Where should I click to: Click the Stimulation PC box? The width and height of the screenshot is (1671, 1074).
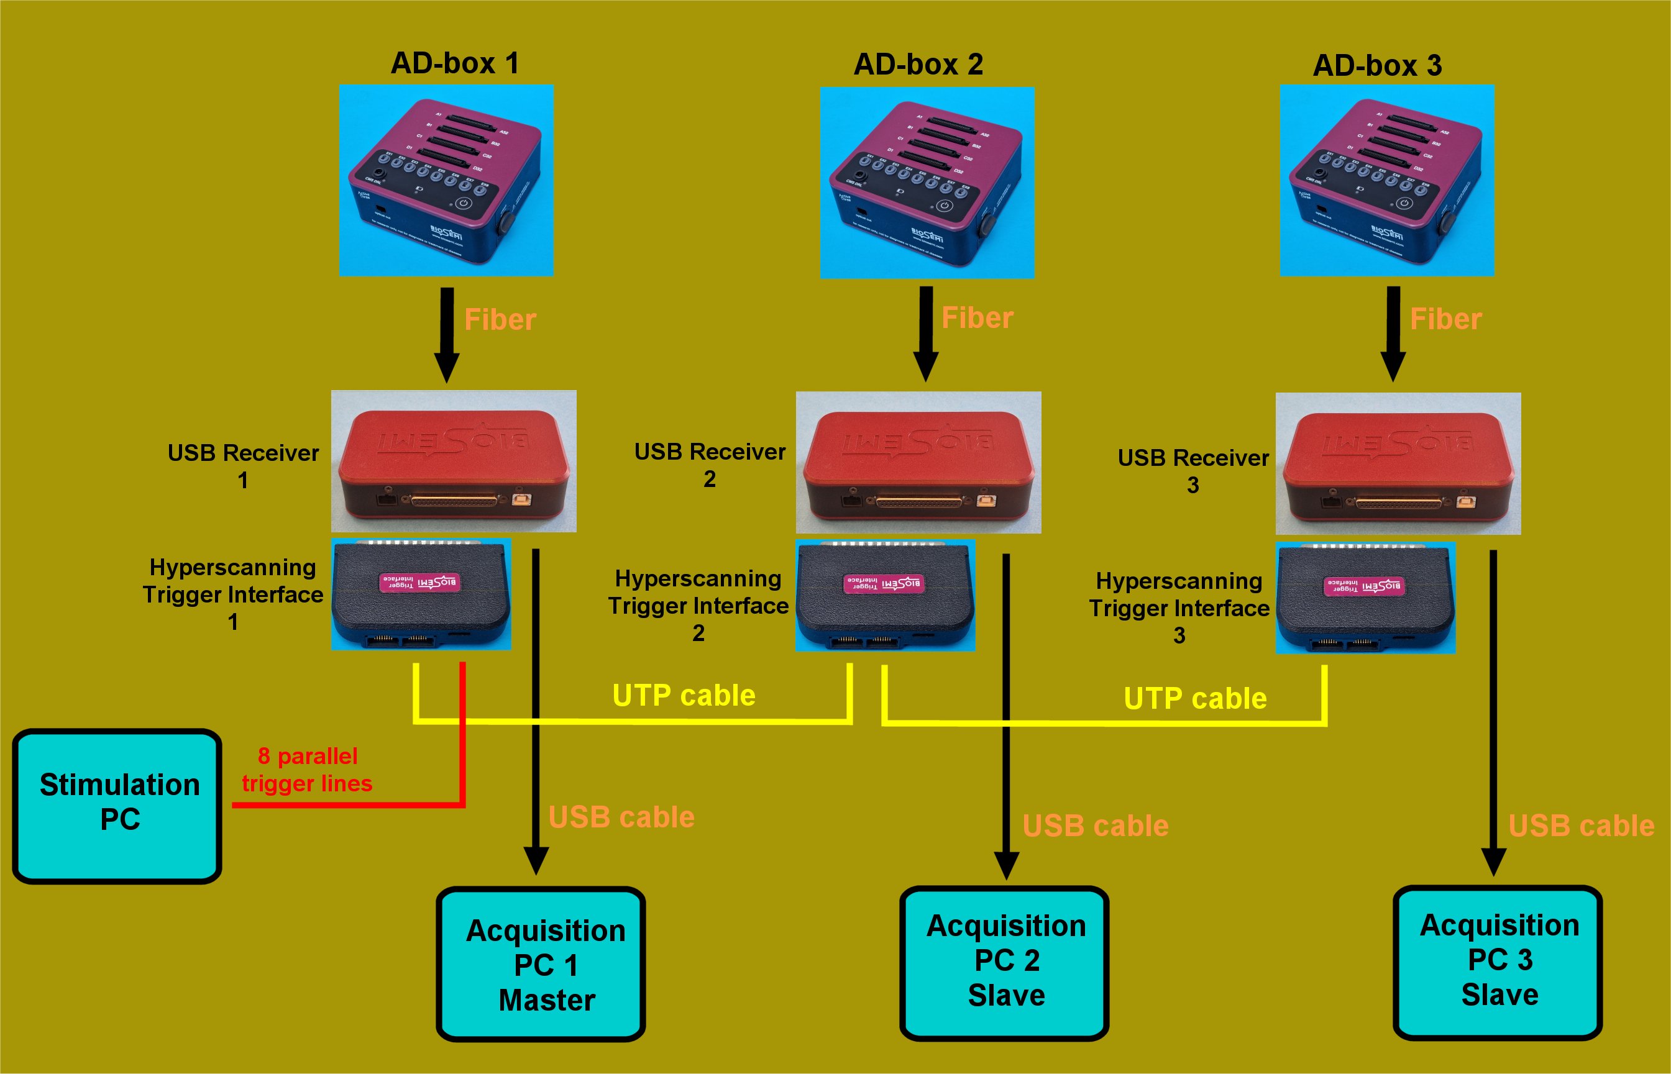pyautogui.click(x=117, y=806)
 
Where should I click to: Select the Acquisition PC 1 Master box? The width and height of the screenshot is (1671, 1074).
pyautogui.click(x=541, y=964)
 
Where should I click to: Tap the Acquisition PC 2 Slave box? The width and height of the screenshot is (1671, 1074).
pyautogui.click(x=1004, y=962)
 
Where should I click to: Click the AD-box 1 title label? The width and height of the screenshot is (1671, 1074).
pyautogui.click(x=454, y=63)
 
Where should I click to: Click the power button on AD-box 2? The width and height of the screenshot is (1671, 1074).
pyautogui.click(x=945, y=206)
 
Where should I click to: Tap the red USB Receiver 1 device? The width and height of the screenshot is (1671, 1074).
pyautogui.click(x=454, y=460)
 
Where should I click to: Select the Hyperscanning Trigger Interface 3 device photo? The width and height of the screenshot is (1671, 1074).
pyautogui.click(x=1365, y=598)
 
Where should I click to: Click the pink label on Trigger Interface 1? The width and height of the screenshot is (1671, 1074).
pyautogui.click(x=419, y=582)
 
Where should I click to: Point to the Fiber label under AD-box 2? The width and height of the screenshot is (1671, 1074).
pyautogui.click(x=977, y=318)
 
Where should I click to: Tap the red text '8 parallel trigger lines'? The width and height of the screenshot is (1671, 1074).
pyautogui.click(x=307, y=770)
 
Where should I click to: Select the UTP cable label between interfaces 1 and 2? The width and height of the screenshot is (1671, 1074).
pyautogui.click(x=684, y=695)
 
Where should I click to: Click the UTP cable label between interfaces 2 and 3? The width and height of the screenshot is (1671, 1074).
pyautogui.click(x=1194, y=698)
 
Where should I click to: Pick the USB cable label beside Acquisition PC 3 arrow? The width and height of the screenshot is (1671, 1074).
pyautogui.click(x=1581, y=826)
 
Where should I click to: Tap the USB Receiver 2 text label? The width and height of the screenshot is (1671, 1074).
pyautogui.click(x=710, y=465)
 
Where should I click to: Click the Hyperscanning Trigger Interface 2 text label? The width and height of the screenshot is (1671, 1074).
pyautogui.click(x=698, y=606)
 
